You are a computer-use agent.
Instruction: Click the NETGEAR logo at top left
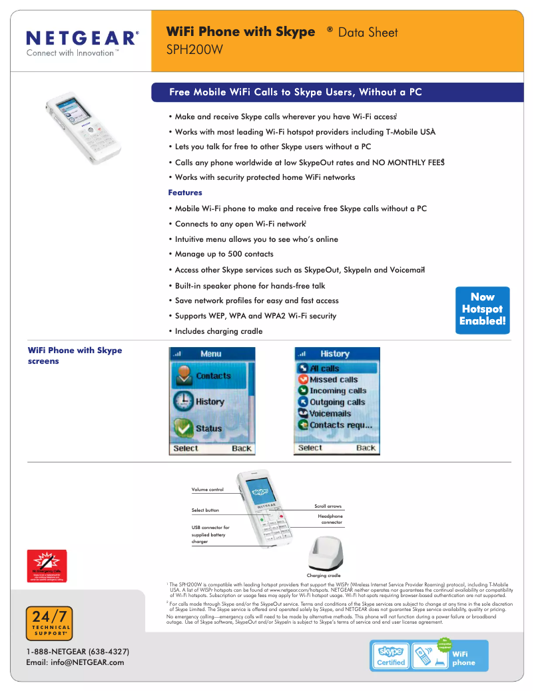point(83,37)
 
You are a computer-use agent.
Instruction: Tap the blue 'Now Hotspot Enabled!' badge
point(483,309)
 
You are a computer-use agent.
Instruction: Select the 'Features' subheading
point(185,193)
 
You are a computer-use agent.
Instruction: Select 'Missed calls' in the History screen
point(333,379)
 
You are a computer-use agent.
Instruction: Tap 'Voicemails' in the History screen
point(330,413)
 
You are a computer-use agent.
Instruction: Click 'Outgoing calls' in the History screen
point(337,402)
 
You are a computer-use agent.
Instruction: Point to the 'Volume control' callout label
point(208,490)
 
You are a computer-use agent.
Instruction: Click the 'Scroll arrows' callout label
point(328,506)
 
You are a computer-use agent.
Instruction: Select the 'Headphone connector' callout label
point(330,519)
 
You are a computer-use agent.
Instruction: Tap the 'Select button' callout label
point(205,510)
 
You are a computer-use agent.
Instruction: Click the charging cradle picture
point(324,552)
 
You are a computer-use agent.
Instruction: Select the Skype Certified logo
point(390,655)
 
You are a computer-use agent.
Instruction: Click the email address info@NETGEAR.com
point(75,662)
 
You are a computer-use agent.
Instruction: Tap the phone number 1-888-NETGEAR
point(77,651)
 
